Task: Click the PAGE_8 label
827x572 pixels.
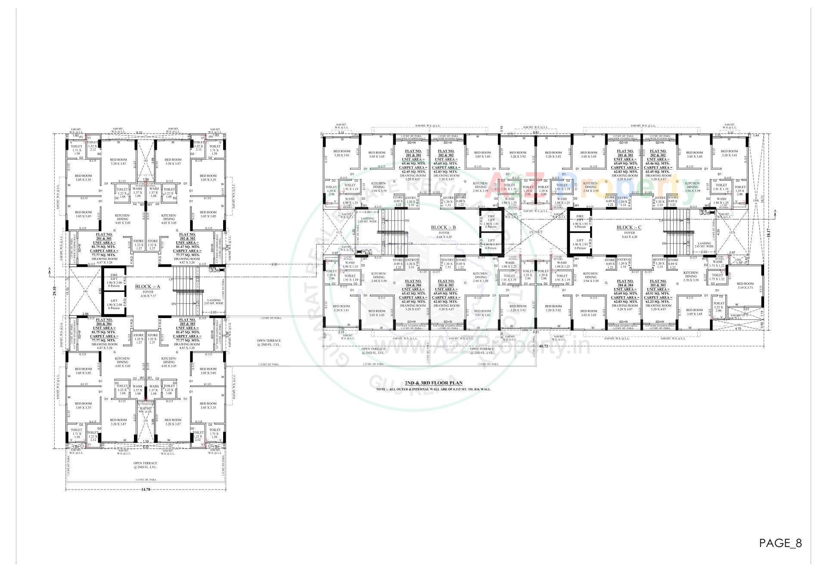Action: (780, 543)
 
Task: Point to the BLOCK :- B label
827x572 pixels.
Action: (443, 227)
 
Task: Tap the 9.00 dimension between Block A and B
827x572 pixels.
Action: (274, 264)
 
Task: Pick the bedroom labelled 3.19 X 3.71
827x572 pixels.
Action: (745, 286)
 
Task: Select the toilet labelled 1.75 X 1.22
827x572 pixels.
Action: (717, 277)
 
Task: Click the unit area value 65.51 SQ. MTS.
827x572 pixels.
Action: (658, 293)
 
